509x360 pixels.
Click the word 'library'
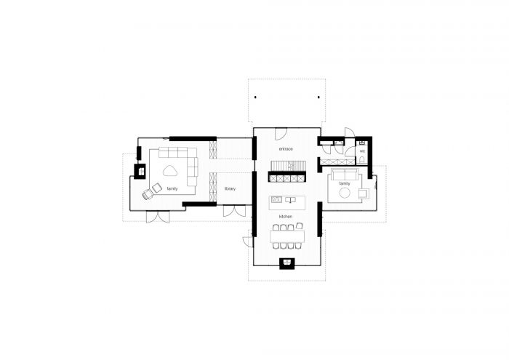click(x=230, y=188)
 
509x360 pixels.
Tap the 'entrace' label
click(x=286, y=149)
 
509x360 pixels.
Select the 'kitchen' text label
click(x=285, y=217)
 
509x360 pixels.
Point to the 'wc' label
click(x=362, y=151)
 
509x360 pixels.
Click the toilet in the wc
click(x=362, y=160)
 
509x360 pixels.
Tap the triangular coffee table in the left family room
click(x=169, y=170)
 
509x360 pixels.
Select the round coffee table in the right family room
click(x=345, y=193)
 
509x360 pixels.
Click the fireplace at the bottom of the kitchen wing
click(x=287, y=263)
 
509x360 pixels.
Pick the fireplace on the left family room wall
click(x=140, y=171)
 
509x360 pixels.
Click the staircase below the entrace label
click(x=287, y=166)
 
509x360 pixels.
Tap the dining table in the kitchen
click(x=287, y=236)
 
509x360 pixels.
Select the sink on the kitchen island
click(x=290, y=200)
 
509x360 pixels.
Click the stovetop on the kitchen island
click(x=276, y=199)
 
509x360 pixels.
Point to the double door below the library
click(x=234, y=211)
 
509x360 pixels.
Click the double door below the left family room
click(x=158, y=217)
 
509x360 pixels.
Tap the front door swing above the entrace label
click(x=281, y=133)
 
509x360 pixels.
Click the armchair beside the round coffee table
click(x=363, y=193)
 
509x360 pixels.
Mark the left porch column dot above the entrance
click(x=255, y=97)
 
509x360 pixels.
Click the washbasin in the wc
click(x=362, y=143)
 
